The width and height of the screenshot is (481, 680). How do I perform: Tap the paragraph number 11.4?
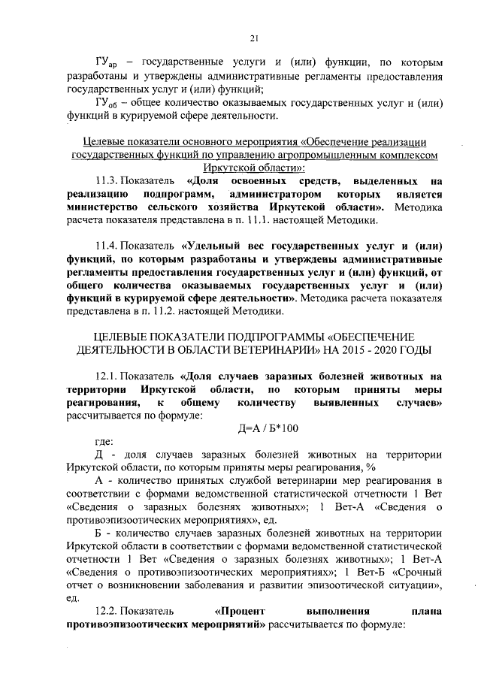[106, 246]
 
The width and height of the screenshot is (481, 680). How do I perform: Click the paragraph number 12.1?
[106, 376]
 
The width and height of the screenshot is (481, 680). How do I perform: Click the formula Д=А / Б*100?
[267, 428]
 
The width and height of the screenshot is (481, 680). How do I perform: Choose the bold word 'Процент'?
[240, 611]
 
